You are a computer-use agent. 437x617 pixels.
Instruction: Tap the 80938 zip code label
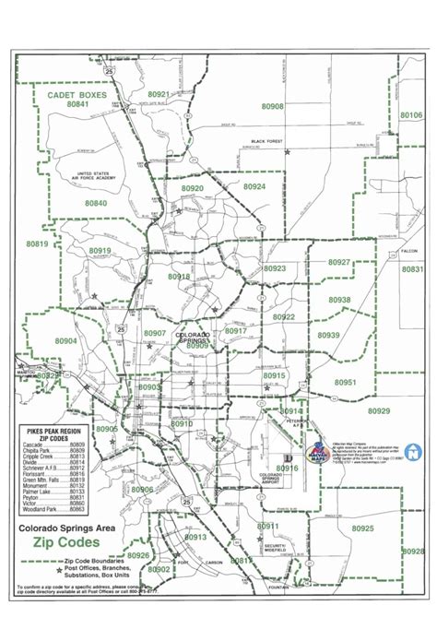coord(338,301)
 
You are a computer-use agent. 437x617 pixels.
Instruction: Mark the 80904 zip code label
coord(41,340)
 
